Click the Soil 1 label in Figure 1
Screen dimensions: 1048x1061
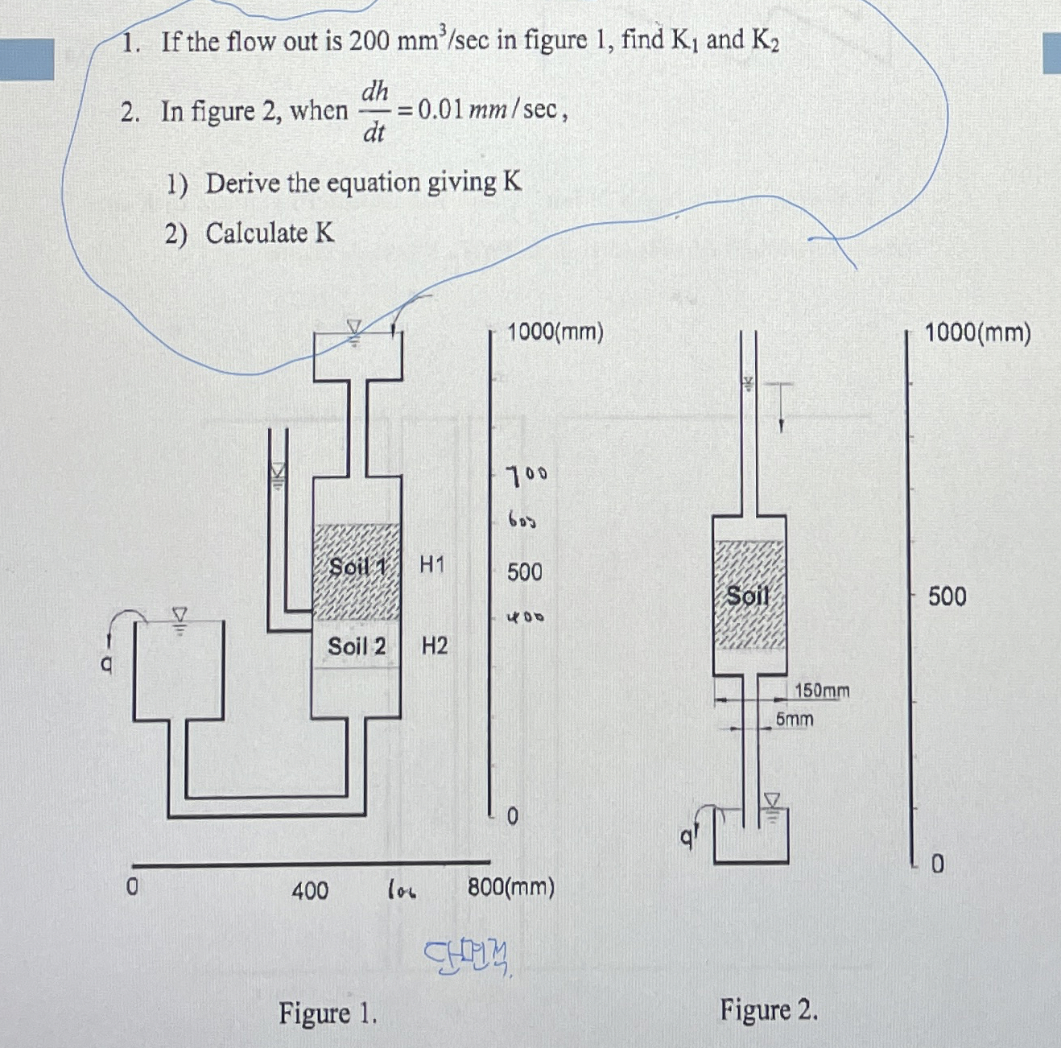tap(357, 567)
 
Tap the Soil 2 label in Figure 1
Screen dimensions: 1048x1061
tap(356, 646)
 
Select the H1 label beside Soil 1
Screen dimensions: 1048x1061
tap(432, 565)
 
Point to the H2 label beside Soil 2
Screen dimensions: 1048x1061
tap(435, 646)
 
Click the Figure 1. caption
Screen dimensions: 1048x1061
tap(328, 1013)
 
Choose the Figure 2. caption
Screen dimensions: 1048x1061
tap(769, 1009)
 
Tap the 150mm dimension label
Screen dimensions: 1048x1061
tap(822, 691)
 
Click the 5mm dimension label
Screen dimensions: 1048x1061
tap(795, 719)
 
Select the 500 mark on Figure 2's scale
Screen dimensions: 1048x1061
tap(947, 596)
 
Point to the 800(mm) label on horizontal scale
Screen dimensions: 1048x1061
tap(511, 888)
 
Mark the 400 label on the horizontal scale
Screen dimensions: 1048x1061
tap(310, 890)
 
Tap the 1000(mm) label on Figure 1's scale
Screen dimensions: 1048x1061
tap(555, 332)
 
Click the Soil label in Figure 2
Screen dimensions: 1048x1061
tap(748, 596)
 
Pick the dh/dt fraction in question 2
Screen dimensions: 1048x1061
tap(374, 111)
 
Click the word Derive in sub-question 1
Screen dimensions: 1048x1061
tap(243, 183)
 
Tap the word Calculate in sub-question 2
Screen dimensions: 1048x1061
tap(256, 233)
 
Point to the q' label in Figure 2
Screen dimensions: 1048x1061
tap(687, 837)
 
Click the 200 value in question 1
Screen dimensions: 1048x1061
tap(369, 40)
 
